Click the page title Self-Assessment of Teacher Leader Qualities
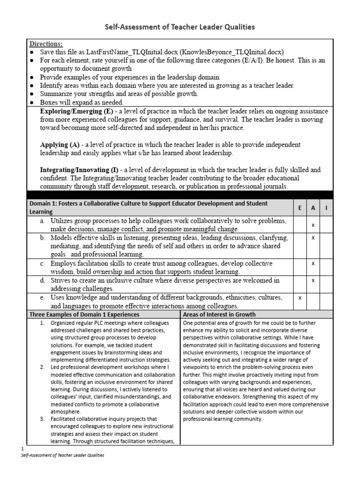(180, 27)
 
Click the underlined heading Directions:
(46, 44)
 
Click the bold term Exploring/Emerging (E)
(77, 111)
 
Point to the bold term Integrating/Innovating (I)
(83, 170)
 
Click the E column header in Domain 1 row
(300, 208)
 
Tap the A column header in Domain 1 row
(313, 208)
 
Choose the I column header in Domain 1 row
(326, 208)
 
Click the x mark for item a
(313, 225)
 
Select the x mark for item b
(313, 238)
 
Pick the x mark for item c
(313, 263)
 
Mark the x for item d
(313, 280)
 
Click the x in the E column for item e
(300, 298)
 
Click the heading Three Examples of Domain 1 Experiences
(84, 314)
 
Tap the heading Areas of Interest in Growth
(219, 314)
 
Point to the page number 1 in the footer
(23, 449)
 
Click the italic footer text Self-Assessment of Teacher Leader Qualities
(63, 455)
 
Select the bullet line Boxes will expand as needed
(82, 102)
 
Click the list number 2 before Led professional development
(42, 367)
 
